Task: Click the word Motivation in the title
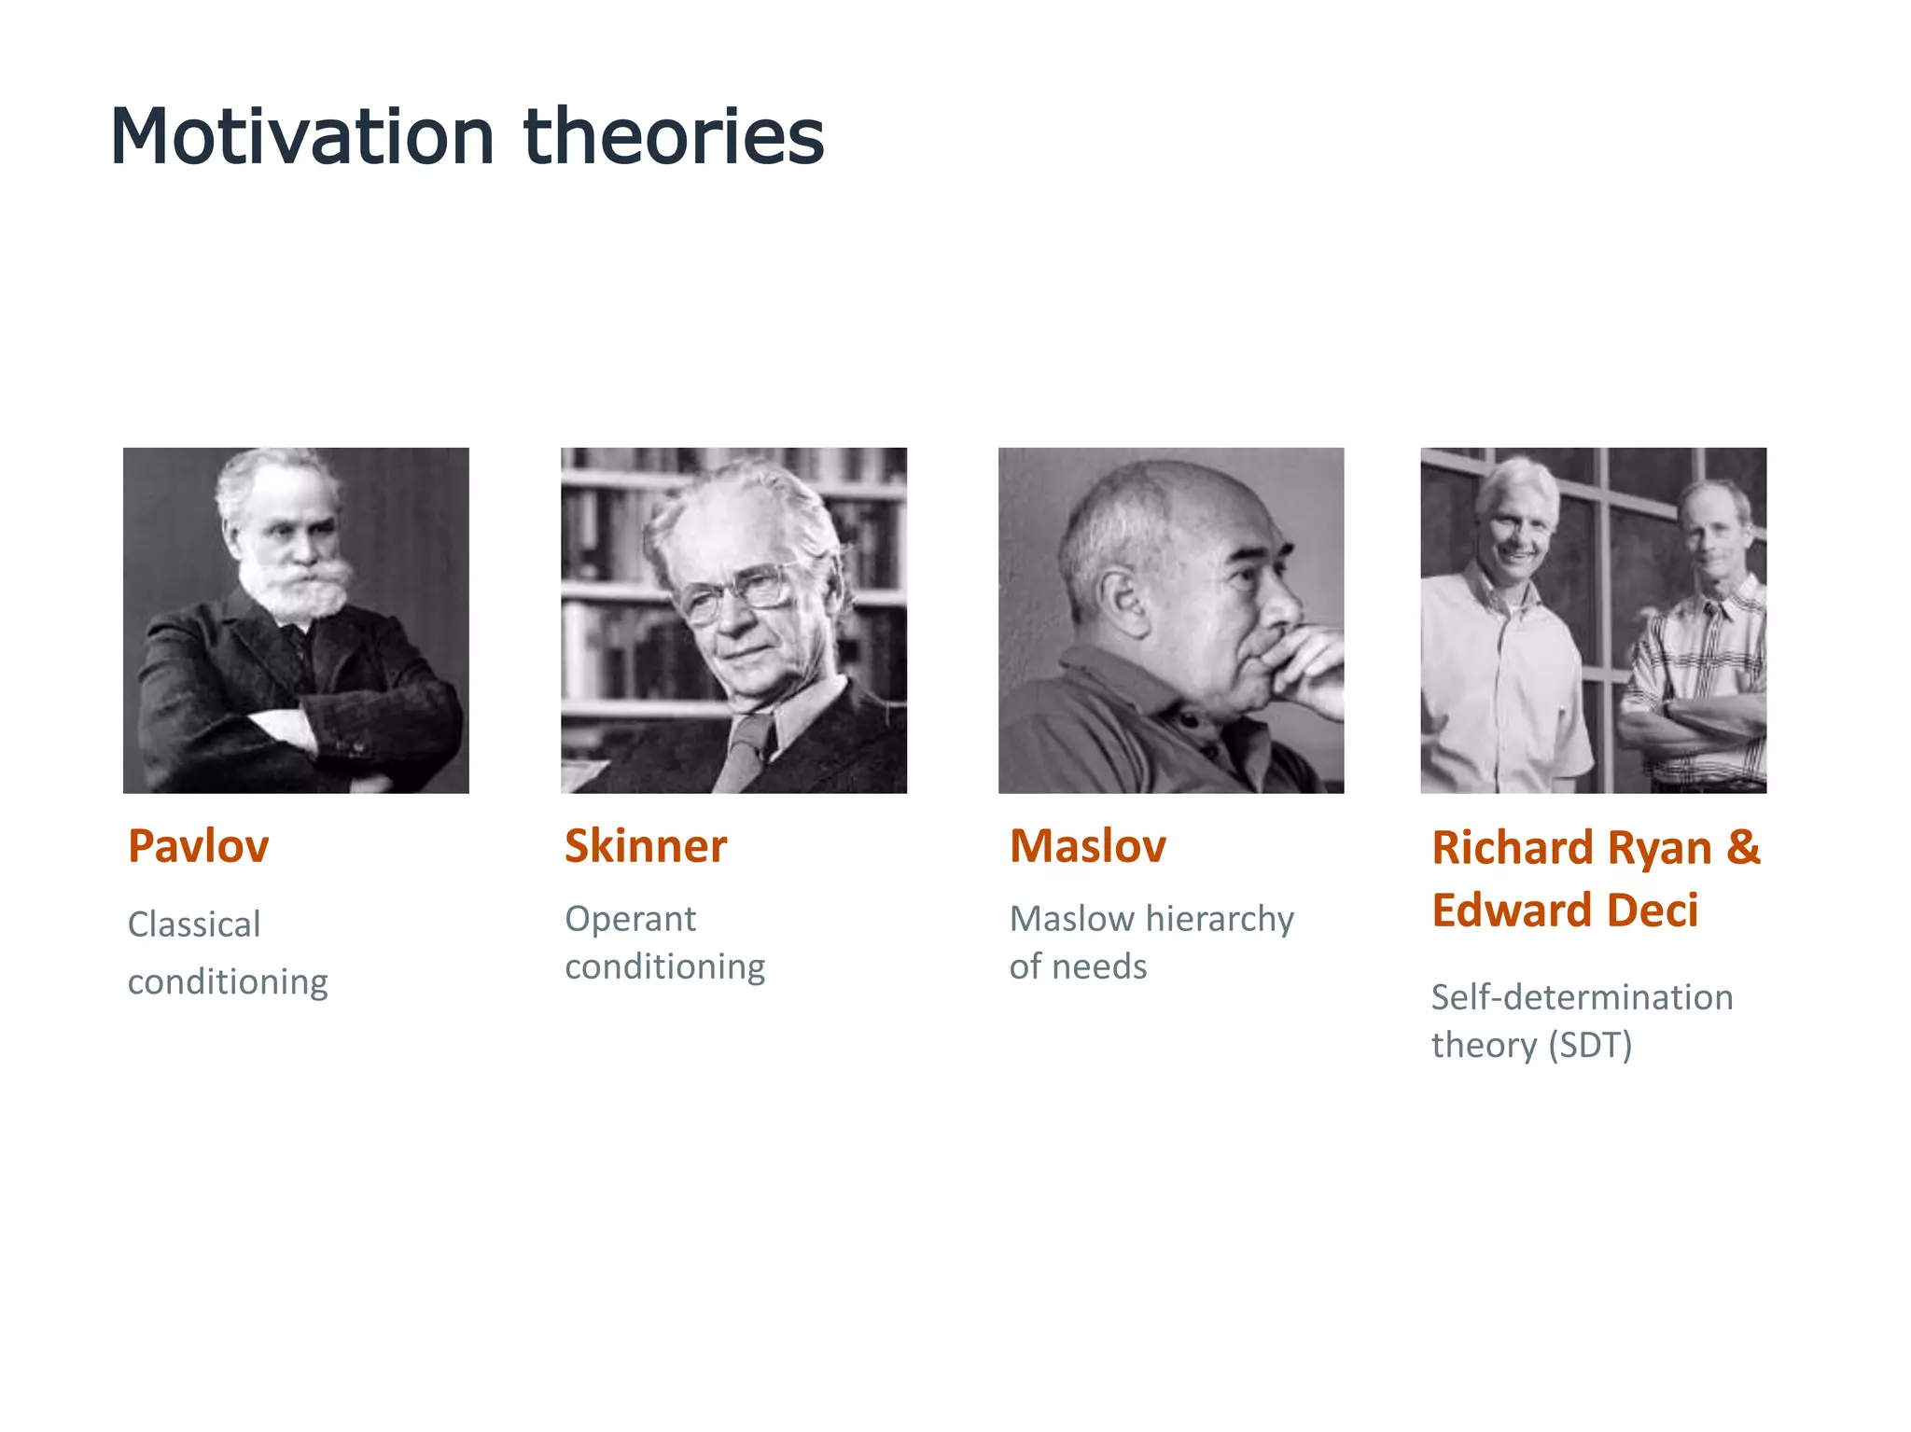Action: point(301,137)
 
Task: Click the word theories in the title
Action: point(674,137)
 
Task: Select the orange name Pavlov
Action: point(198,846)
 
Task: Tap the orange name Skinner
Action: point(645,846)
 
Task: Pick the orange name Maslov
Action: point(1087,846)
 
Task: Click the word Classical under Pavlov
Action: point(194,925)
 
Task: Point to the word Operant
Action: point(630,919)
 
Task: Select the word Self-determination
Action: point(1582,997)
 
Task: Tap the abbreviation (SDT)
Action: point(1590,1045)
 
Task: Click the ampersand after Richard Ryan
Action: point(1742,847)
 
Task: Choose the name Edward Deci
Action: point(1565,911)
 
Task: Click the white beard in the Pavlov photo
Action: point(295,588)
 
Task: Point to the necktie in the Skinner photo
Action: point(746,746)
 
